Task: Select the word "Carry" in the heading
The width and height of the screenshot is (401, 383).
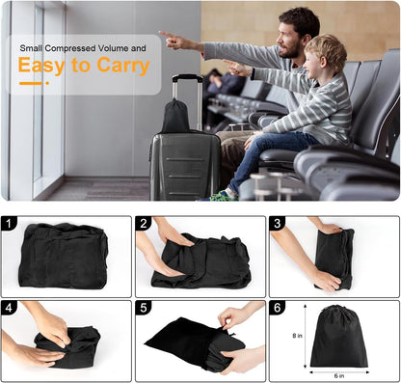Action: (126, 66)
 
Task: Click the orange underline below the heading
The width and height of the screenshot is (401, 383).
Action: (29, 83)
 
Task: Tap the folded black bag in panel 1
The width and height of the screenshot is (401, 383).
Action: (64, 255)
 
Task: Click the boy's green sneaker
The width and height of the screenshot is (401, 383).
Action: (224, 195)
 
